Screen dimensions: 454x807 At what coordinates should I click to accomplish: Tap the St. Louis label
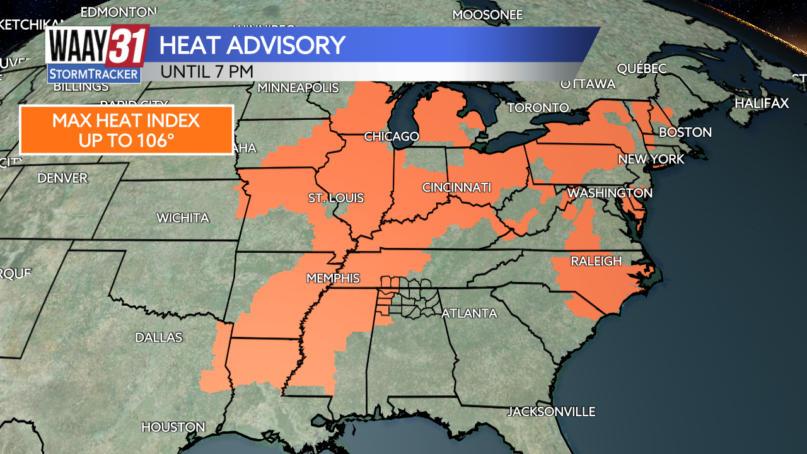[x=336, y=199]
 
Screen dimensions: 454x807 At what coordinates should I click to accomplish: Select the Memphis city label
[x=333, y=278]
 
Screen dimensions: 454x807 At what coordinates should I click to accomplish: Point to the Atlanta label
[x=469, y=313]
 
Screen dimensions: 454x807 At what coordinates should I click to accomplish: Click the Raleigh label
[x=596, y=261]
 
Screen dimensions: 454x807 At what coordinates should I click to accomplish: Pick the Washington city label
[x=610, y=193]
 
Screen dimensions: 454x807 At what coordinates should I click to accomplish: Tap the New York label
[x=651, y=159]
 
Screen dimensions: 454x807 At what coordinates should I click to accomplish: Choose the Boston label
[x=685, y=132]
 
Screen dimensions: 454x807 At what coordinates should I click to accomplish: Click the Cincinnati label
[x=456, y=187]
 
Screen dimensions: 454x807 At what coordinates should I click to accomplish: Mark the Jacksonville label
[x=552, y=412]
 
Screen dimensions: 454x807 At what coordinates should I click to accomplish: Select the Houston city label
[x=173, y=427]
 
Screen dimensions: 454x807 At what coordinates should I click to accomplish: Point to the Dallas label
[x=159, y=337]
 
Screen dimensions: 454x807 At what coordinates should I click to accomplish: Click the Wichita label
[x=183, y=218]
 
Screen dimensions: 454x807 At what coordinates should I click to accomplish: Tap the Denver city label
[x=62, y=178]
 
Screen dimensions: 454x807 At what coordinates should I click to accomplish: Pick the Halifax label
[x=762, y=103]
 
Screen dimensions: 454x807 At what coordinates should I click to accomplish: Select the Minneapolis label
[x=298, y=88]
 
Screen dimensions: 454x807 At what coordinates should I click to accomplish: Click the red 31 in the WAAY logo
[x=128, y=46]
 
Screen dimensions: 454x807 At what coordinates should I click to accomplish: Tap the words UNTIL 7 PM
[x=207, y=71]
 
